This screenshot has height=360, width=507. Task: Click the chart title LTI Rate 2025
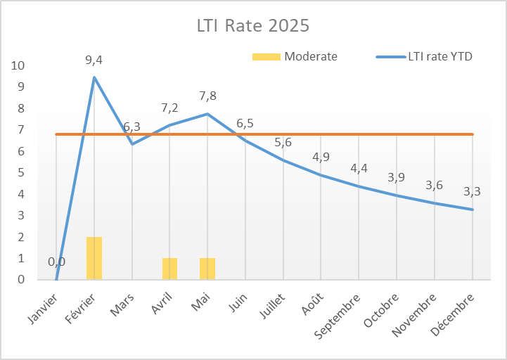tap(252, 26)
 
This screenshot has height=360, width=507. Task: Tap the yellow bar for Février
tap(94, 258)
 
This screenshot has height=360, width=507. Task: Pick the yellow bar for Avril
tap(169, 269)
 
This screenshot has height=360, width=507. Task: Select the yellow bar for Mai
tap(207, 269)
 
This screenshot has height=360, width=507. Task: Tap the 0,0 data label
tap(56, 262)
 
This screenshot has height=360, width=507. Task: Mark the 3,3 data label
tap(473, 191)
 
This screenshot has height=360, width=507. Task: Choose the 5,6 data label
tap(283, 142)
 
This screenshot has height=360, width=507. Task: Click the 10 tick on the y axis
tap(18, 65)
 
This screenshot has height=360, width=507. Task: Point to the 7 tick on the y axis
tap(20, 130)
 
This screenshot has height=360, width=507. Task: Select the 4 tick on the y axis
tap(20, 194)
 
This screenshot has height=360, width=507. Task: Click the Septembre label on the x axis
tap(342, 310)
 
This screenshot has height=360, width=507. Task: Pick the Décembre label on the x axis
tap(457, 309)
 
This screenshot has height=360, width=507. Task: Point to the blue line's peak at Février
tap(94, 77)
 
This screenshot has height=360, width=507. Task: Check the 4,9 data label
tap(321, 157)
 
